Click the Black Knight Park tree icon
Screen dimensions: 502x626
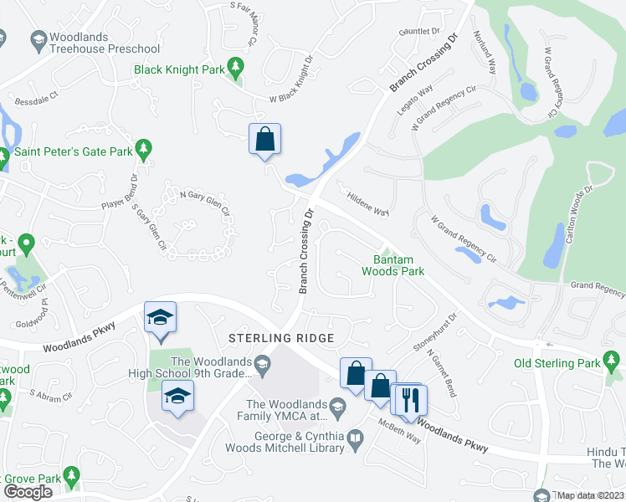(236, 65)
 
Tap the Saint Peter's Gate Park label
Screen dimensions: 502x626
(74, 152)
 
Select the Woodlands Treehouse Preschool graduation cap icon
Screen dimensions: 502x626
(38, 38)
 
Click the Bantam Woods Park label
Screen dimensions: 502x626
(393, 265)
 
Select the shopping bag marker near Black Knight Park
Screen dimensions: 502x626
(264, 139)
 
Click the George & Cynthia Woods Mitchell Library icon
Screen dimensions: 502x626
(357, 438)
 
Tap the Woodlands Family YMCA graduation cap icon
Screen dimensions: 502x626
(337, 407)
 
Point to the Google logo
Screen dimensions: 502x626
(28, 492)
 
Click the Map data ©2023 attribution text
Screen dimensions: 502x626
(591, 495)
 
